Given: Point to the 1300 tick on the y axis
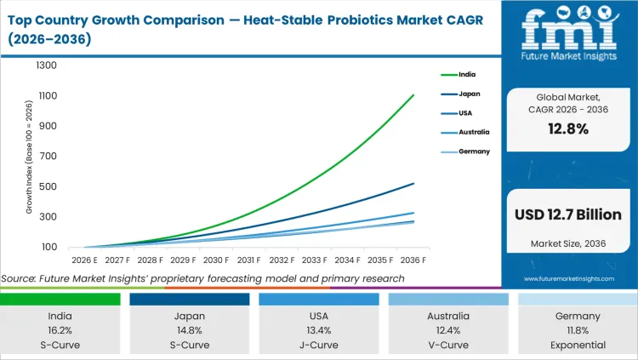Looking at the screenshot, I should coord(46,66).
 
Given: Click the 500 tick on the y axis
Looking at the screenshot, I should coord(48,186).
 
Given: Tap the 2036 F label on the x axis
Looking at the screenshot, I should coord(413,260).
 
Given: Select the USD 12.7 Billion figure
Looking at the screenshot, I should coord(567,214).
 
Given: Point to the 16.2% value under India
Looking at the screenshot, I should coord(60,330).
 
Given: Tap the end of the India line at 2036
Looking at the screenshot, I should coord(413,94).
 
